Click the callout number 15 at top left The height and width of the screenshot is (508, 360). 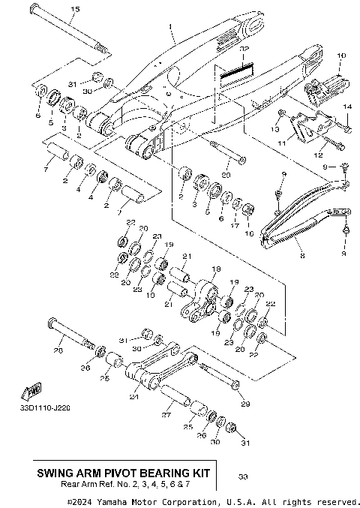point(74,9)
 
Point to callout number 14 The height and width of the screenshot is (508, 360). point(346,108)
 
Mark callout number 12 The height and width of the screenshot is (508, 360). point(326,155)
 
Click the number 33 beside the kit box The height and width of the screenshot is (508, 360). point(241,476)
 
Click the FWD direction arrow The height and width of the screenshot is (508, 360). point(33,391)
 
